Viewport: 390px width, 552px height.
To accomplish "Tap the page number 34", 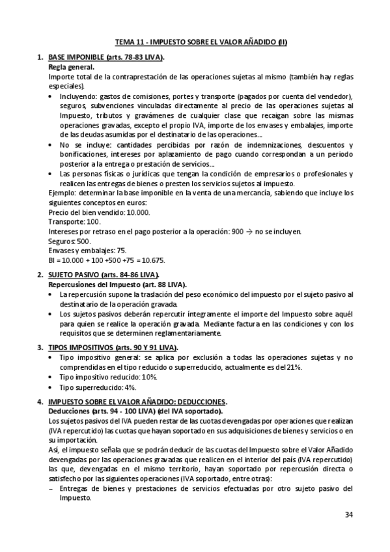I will pos(349,515).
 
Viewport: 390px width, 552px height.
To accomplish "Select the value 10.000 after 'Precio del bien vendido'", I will pos(137,212).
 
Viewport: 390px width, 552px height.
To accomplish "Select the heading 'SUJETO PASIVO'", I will pos(74,275).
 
